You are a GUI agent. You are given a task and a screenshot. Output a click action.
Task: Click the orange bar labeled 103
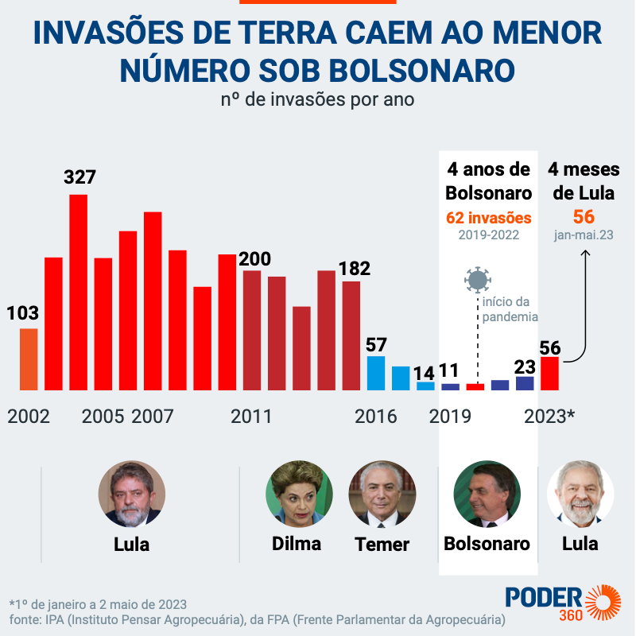29,359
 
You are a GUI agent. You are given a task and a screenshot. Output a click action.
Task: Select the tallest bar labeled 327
79,293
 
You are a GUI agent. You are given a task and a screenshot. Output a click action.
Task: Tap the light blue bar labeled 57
376,374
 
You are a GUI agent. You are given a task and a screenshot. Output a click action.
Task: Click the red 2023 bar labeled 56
549,374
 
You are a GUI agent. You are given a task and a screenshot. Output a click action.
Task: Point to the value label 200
254,259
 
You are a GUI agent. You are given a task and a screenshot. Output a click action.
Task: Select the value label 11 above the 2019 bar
448,370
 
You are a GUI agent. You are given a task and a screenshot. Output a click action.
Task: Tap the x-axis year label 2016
376,417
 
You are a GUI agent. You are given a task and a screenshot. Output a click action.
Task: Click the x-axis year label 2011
251,417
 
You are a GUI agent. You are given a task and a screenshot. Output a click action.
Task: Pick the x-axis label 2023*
550,417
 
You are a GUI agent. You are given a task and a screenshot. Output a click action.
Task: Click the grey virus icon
478,280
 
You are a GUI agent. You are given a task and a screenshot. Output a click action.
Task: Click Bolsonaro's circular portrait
487,494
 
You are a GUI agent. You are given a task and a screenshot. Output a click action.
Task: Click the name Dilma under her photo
297,544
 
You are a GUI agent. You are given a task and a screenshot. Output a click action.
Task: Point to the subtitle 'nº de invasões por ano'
317,101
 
